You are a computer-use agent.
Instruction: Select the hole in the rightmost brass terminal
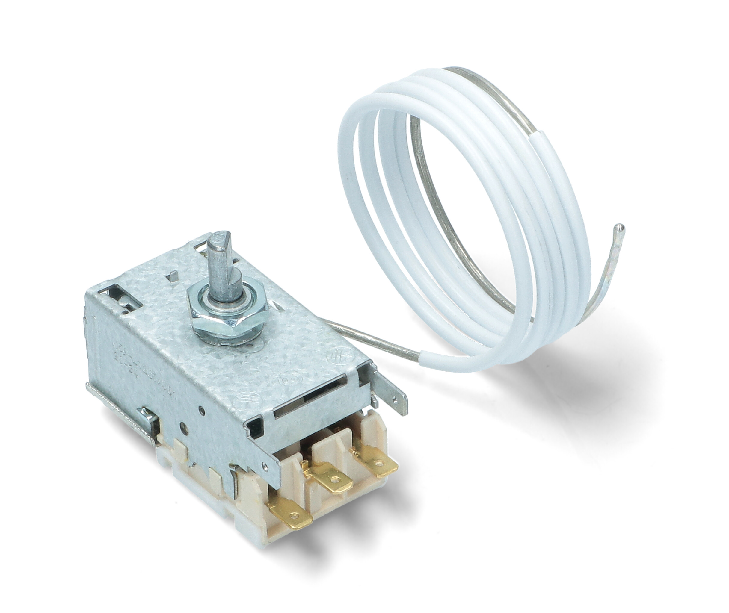tap(382, 463)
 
